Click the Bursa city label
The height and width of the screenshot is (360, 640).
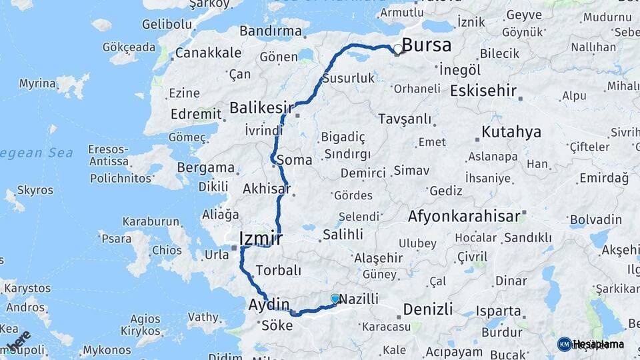point(427,45)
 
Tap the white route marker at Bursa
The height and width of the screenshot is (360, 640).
point(398,49)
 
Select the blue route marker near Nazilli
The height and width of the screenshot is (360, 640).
point(335,299)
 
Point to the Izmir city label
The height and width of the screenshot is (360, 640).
point(261,239)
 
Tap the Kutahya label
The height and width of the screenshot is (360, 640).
point(511,131)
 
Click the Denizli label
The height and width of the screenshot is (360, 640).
point(427,309)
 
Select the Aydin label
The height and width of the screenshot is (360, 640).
point(269,305)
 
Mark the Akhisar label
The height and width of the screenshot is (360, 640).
point(267,189)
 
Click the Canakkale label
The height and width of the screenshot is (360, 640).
point(203,52)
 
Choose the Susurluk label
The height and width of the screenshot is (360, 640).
point(349,78)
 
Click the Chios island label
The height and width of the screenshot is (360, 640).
point(166,251)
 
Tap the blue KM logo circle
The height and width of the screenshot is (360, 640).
point(564,344)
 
